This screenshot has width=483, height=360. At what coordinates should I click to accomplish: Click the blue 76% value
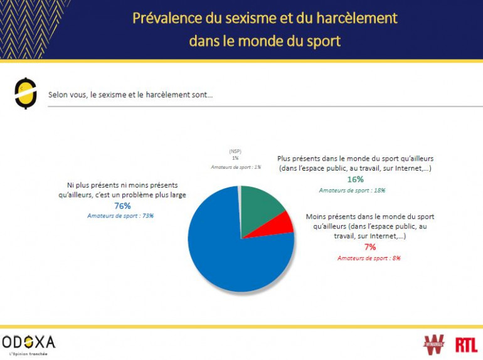[x=122, y=206]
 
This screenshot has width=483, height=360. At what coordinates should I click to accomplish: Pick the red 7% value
[x=369, y=247]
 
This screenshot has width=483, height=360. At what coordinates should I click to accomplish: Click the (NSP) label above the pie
[x=235, y=151]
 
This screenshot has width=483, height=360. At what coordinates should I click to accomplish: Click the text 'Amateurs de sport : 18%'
[x=352, y=190]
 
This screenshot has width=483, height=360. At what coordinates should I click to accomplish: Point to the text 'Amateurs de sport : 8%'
[x=369, y=258]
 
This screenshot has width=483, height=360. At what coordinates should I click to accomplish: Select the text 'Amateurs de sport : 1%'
[x=235, y=167]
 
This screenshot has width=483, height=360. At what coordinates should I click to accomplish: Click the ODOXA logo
[x=29, y=342]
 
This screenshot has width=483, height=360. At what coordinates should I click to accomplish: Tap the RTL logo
[x=466, y=344]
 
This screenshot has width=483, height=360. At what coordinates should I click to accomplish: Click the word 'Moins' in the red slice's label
[x=317, y=216]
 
